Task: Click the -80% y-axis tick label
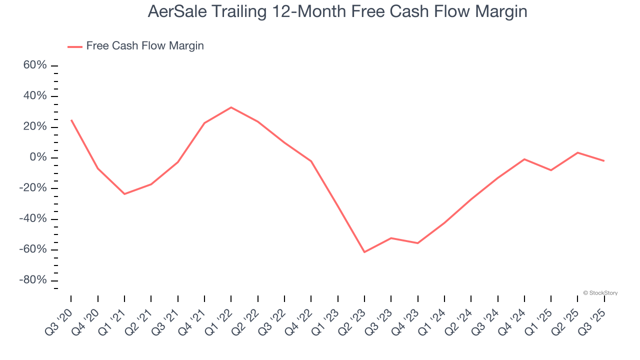coord(33,280)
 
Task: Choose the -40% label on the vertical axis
coord(33,219)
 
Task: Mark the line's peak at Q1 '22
coord(231,107)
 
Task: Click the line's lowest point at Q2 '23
coord(364,252)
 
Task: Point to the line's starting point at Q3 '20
coord(71,120)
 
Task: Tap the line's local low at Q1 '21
coord(124,194)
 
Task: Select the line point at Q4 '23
coord(417,243)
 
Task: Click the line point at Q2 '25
coord(577,152)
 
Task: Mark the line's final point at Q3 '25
coord(604,161)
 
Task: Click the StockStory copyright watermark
coord(600,293)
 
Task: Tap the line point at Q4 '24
coord(524,159)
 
